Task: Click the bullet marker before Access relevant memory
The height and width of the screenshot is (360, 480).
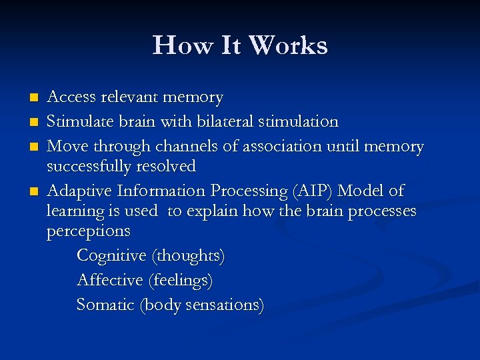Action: [35, 97]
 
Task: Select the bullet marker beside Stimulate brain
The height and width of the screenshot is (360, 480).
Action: [35, 121]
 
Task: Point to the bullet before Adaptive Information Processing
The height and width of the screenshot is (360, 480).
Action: [35, 191]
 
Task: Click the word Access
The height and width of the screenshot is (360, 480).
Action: [71, 97]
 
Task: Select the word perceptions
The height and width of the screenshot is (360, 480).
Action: [88, 231]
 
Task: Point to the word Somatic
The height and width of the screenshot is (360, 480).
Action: [105, 305]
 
